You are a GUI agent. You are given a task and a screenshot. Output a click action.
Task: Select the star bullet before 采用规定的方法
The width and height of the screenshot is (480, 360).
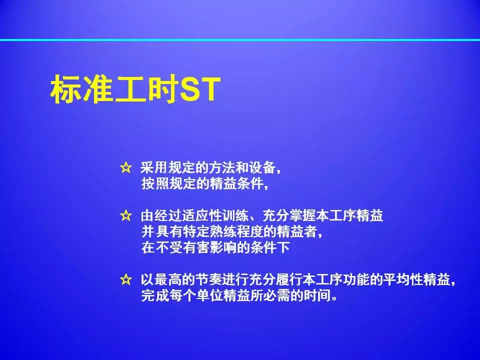(x=126, y=168)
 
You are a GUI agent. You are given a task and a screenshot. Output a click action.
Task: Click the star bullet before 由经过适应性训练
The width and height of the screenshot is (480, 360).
(x=126, y=216)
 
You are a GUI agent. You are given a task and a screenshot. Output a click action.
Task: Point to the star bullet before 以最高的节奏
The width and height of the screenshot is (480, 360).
(x=126, y=279)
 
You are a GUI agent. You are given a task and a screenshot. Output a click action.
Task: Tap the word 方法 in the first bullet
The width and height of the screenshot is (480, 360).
(x=221, y=168)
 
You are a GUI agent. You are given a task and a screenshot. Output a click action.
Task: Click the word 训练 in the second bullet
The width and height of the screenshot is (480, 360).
(x=235, y=216)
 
